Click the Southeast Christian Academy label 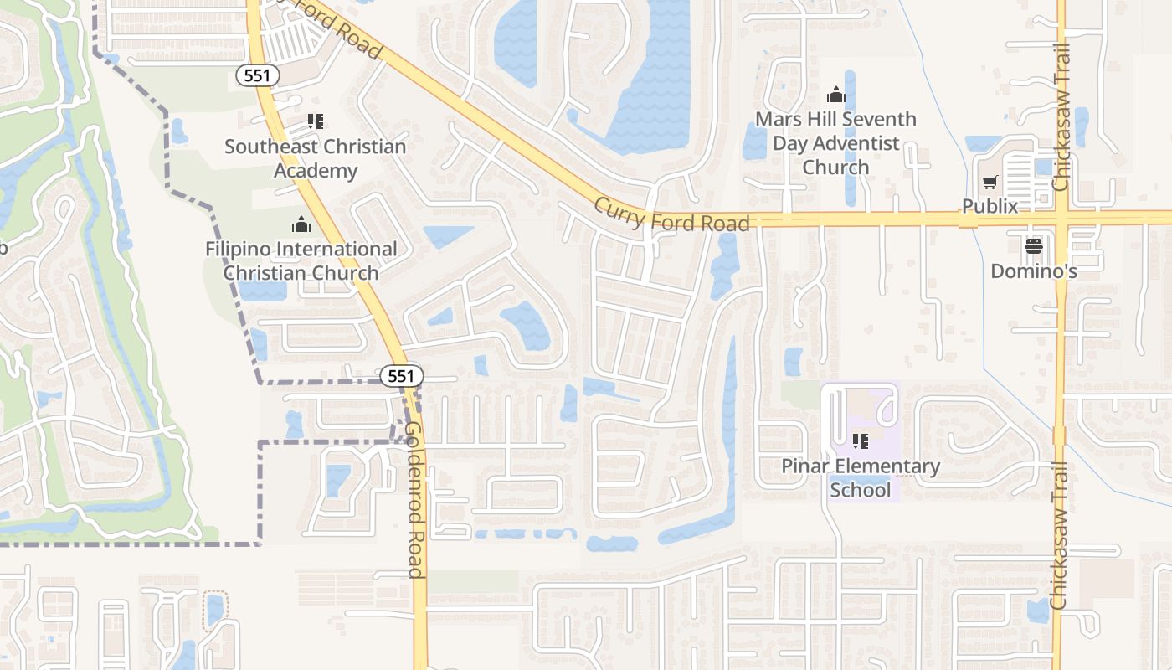(x=315, y=158)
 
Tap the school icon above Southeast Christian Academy (x=316, y=122)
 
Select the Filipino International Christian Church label (x=301, y=260)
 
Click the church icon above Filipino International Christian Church (x=301, y=224)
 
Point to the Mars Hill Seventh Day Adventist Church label (x=835, y=143)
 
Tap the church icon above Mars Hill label (x=835, y=95)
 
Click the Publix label (x=990, y=206)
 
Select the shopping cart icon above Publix (x=990, y=182)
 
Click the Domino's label (x=1033, y=271)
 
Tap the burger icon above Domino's (x=1033, y=245)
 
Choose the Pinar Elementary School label (x=861, y=477)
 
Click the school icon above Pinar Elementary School (x=860, y=441)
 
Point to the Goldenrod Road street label (x=414, y=499)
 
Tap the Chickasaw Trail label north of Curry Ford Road (x=1061, y=117)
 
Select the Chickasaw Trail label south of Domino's (x=1059, y=536)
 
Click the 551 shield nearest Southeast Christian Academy (x=257, y=75)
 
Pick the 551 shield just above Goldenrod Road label (x=402, y=376)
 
